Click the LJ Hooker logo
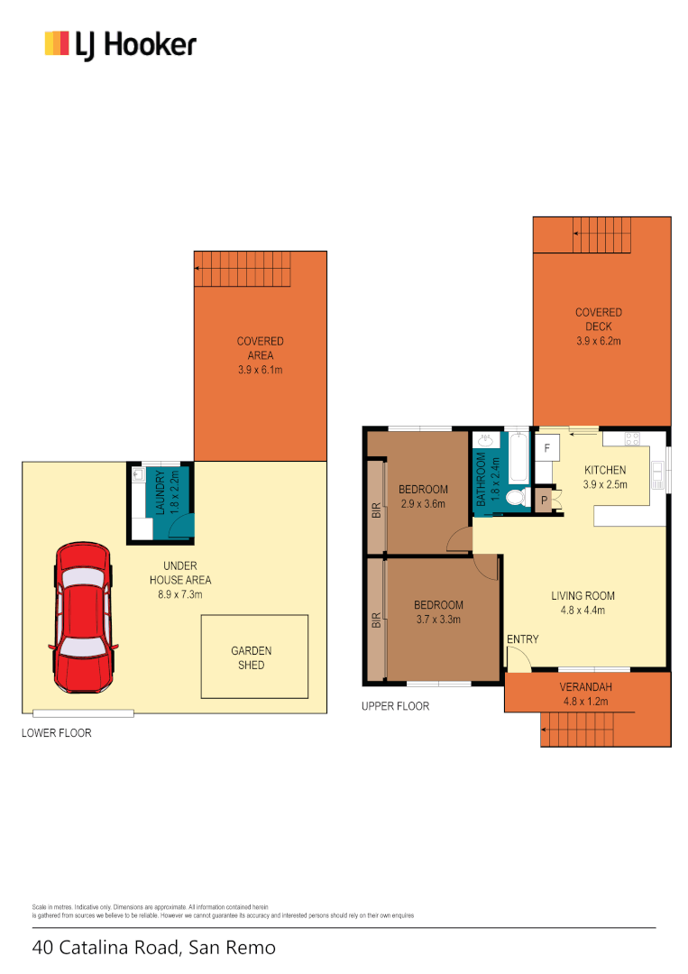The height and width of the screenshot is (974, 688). click(x=120, y=44)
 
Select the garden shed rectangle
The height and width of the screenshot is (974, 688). click(x=254, y=657)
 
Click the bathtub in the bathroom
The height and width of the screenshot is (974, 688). click(x=518, y=457)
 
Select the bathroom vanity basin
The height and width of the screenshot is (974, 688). click(x=486, y=441)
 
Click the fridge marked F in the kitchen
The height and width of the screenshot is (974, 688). click(x=546, y=445)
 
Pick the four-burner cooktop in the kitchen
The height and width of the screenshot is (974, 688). click(x=632, y=439)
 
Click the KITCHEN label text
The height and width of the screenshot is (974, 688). click(x=605, y=471)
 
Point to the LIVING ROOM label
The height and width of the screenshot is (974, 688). click(x=583, y=595)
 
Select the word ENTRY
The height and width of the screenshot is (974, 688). click(x=522, y=639)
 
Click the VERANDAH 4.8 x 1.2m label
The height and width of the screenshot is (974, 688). click(x=587, y=694)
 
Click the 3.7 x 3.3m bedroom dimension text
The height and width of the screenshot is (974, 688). click(x=438, y=620)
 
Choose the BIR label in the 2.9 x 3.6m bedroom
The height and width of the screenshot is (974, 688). click(x=376, y=510)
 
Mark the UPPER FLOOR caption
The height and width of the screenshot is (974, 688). click(x=395, y=706)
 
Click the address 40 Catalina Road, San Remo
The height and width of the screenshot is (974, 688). click(x=154, y=948)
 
